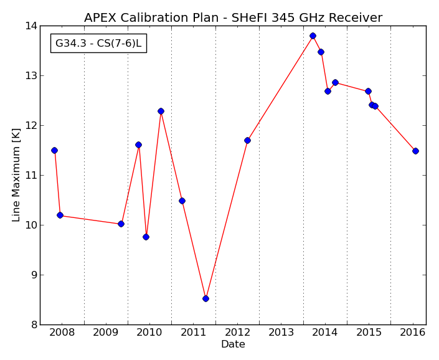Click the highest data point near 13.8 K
[313, 36]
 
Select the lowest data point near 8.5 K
[205, 299]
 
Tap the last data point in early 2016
[415, 151]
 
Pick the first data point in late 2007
[54, 150]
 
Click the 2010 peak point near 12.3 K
[161, 111]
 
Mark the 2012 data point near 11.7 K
[247, 141]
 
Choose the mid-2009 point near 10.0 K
[121, 224]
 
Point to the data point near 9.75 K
[146, 237]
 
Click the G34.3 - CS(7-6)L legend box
[98, 43]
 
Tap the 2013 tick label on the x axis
[281, 333]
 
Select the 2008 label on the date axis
[62, 333]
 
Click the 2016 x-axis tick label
[413, 333]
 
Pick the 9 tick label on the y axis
[34, 275]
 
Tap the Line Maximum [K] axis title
[16, 175]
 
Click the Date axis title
[233, 344]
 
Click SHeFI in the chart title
[247, 17]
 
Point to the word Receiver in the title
[356, 17]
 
